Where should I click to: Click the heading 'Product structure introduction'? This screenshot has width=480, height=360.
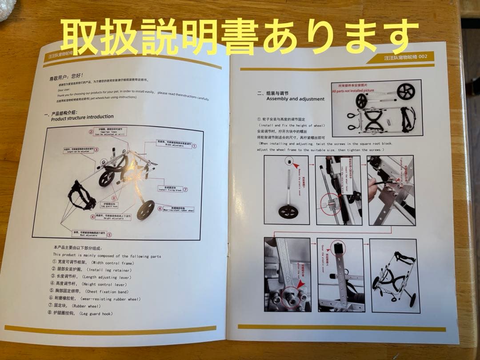tap(82, 117)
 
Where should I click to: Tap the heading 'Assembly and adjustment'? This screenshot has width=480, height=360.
tap(295, 99)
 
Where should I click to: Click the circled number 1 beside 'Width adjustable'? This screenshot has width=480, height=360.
tap(194, 145)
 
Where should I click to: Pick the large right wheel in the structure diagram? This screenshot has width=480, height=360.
tap(145, 210)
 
